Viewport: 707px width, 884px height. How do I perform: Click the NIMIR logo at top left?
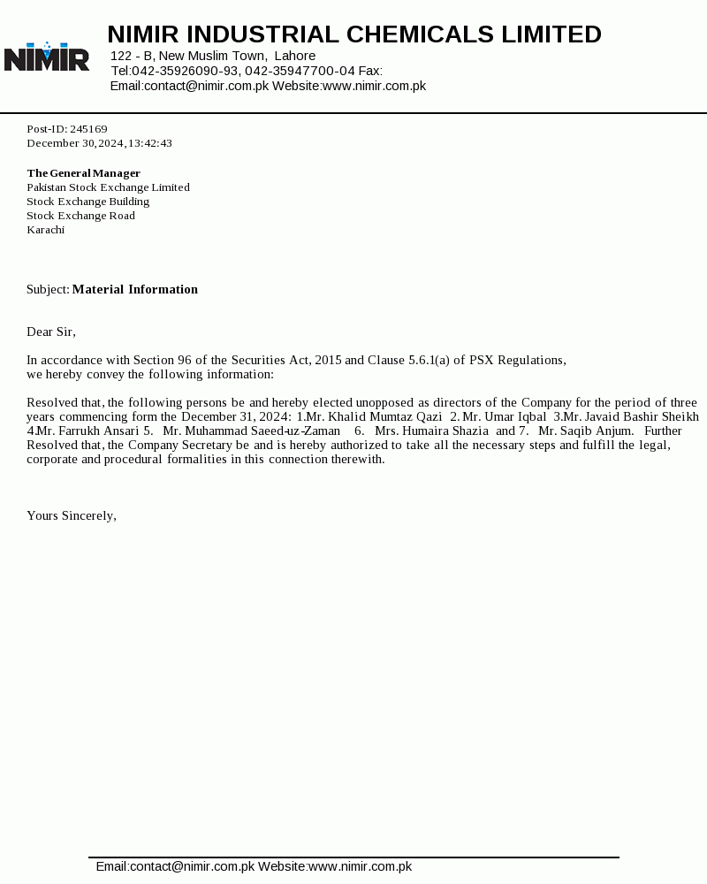tap(47, 57)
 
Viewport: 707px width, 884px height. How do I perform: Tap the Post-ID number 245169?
tap(88, 129)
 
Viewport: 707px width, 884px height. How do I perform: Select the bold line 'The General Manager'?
tap(83, 173)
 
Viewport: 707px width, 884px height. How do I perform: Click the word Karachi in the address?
tap(45, 230)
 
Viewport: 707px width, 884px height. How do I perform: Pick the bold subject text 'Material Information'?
tap(135, 289)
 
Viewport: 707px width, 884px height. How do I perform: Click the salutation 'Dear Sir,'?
tap(51, 331)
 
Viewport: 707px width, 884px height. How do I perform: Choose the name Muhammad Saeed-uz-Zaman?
tap(262, 431)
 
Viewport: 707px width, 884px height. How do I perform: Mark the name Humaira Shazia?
tap(445, 431)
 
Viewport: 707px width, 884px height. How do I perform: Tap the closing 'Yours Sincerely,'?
tap(72, 515)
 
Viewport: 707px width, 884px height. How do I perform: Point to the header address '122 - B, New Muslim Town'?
tap(188, 56)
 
